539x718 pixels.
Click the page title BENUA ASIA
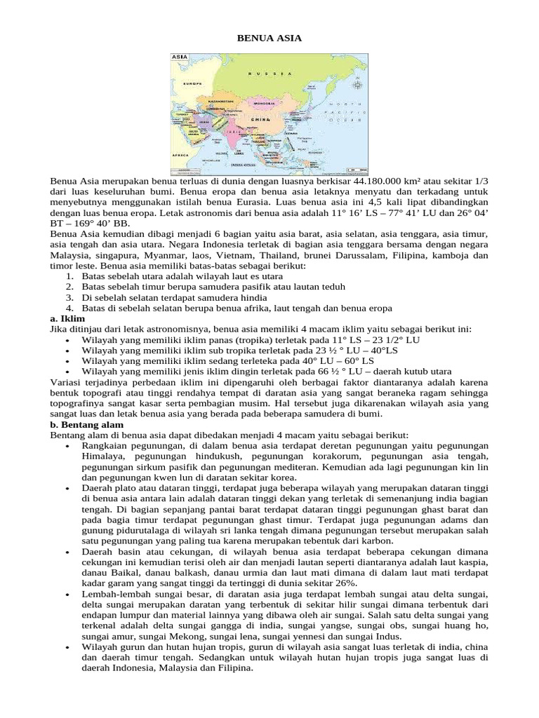pos(269,38)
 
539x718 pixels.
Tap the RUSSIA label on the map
pos(271,73)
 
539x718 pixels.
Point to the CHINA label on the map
pos(261,120)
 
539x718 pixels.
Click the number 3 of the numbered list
pos(69,297)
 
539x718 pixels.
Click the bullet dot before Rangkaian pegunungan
pos(67,446)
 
